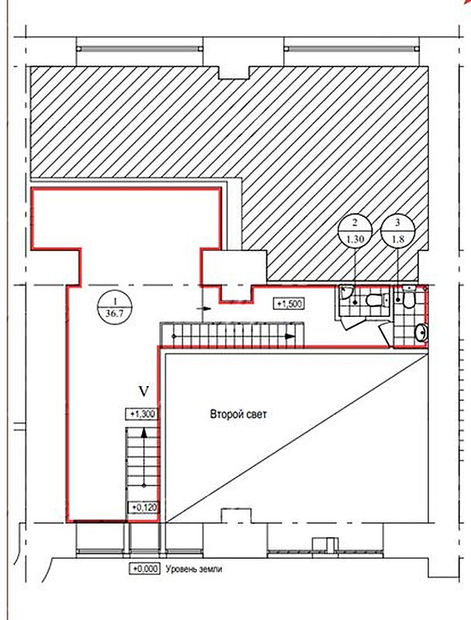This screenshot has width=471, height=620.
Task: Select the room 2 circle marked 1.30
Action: (x=355, y=232)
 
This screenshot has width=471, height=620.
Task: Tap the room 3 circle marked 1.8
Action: (x=398, y=232)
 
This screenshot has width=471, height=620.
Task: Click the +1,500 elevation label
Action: (x=289, y=304)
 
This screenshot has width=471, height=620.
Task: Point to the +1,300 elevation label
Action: (x=141, y=414)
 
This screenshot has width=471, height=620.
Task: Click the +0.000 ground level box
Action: (x=145, y=569)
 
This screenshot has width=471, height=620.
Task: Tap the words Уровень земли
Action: (x=194, y=570)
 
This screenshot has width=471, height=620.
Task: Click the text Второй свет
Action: (x=238, y=415)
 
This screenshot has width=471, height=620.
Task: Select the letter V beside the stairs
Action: (x=144, y=392)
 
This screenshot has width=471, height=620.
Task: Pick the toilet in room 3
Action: (x=407, y=298)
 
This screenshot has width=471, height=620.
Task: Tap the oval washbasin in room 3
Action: (x=421, y=333)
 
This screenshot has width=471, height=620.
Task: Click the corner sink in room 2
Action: (x=346, y=292)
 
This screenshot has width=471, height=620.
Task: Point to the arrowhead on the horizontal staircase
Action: (x=290, y=336)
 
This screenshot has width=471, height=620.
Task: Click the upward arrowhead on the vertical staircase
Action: (x=144, y=432)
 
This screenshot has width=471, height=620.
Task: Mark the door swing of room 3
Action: (x=386, y=335)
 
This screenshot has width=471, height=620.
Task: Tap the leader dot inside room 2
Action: (x=355, y=302)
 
